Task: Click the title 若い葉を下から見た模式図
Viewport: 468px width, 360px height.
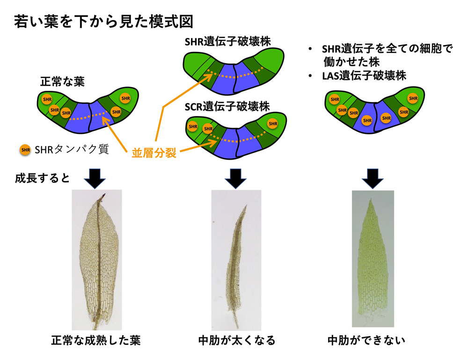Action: pos(103,21)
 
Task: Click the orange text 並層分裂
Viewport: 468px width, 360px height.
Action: pos(154,153)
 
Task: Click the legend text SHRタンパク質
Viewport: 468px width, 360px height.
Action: pos(72,150)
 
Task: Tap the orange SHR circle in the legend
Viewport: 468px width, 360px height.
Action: pos(25,150)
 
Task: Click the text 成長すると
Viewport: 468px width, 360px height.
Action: pos(42,178)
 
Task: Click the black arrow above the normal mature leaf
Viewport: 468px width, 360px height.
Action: pos(96,178)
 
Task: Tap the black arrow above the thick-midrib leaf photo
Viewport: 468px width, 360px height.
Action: pos(237,178)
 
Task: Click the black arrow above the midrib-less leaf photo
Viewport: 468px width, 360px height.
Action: pos(373,178)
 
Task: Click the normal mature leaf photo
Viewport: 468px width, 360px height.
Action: pos(96,262)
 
